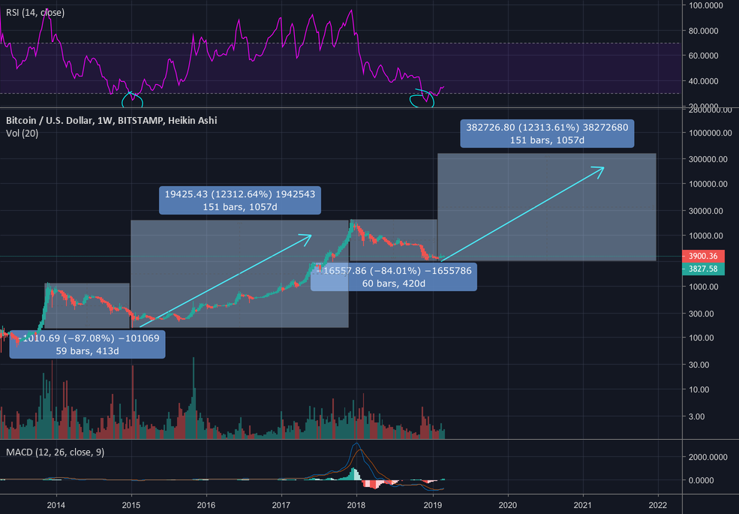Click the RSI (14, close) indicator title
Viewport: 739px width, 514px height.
(x=35, y=13)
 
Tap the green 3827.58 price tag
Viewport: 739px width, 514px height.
(x=703, y=269)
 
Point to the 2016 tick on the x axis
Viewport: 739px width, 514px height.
(x=206, y=505)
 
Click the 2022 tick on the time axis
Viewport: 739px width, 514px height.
(x=658, y=505)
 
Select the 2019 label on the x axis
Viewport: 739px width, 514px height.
(x=432, y=505)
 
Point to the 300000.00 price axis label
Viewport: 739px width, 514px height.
(x=709, y=160)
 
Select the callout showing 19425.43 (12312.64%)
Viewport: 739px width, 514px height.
(x=239, y=200)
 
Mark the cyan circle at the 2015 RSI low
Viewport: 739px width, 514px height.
(x=133, y=98)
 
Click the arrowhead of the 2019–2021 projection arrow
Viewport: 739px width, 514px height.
(x=602, y=167)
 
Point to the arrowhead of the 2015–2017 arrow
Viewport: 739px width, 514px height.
(x=310, y=236)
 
